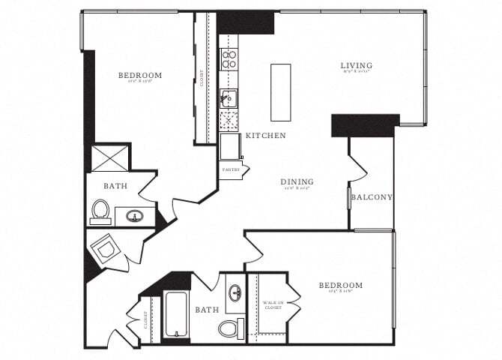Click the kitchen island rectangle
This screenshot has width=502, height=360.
[280, 92]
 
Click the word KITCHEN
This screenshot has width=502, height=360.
[265, 136]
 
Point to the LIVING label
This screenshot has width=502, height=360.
[357, 66]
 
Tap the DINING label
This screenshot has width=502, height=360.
[297, 182]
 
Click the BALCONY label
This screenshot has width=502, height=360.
[372, 197]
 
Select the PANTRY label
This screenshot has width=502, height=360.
[231, 169]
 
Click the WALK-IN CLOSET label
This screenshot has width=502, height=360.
[271, 307]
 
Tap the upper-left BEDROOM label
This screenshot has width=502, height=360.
[140, 76]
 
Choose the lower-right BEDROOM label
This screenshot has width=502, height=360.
[340, 286]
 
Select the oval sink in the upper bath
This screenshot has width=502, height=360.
[136, 217]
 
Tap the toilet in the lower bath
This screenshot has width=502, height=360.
[229, 328]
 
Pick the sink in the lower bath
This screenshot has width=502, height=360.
[235, 292]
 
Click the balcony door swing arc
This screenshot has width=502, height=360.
[358, 168]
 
